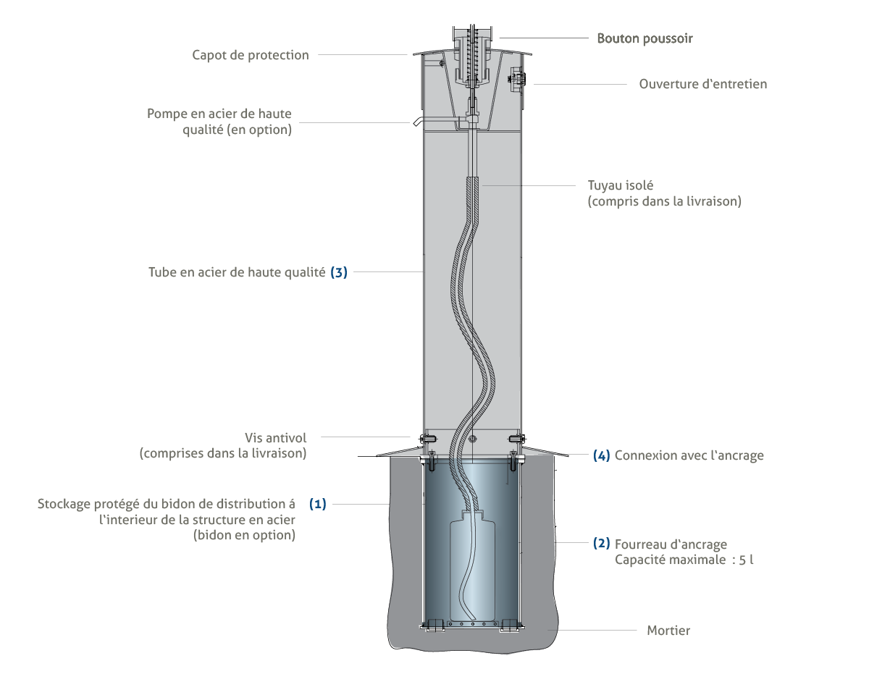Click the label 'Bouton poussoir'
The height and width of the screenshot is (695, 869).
[x=645, y=38]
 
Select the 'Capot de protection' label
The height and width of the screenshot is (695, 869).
[x=251, y=55]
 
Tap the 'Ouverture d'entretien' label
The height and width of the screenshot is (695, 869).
[x=702, y=84]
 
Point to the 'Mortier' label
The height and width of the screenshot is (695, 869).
[x=668, y=631]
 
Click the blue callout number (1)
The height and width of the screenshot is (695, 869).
[x=318, y=504]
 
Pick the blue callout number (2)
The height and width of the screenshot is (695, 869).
[x=601, y=544]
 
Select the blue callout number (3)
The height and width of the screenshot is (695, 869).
[x=339, y=273]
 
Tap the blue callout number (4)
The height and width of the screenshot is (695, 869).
[x=601, y=456]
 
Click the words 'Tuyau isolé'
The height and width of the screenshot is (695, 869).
[x=615, y=186]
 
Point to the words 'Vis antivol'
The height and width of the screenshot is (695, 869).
[x=276, y=438]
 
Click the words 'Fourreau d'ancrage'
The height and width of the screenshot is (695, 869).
[x=671, y=544]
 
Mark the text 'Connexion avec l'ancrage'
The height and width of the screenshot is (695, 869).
[x=689, y=456]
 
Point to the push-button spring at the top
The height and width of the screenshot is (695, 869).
[x=471, y=54]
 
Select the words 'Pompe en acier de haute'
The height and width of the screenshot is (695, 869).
[x=220, y=114]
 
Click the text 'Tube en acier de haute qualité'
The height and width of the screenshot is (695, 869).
[x=237, y=273]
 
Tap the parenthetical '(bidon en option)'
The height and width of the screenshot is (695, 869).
[x=244, y=536]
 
